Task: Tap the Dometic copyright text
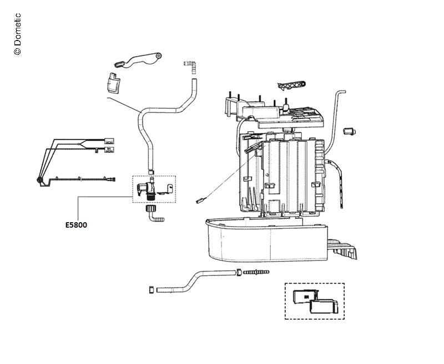(x=17, y=34)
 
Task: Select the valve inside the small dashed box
(x=147, y=188)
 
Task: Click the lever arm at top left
(x=138, y=59)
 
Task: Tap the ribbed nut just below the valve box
(x=150, y=209)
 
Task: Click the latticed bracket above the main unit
(x=291, y=86)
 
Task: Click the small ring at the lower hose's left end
(x=150, y=290)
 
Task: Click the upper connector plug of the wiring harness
(x=110, y=140)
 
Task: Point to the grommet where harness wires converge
(x=39, y=180)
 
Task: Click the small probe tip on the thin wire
(x=201, y=202)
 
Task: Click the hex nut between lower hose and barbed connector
(x=239, y=273)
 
